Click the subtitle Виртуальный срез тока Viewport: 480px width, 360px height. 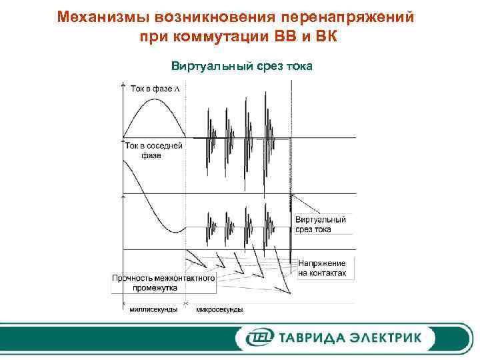coord(242,67)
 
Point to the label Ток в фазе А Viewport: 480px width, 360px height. coord(156,88)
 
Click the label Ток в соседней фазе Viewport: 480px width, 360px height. coord(154,150)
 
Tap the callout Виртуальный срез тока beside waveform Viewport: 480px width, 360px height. coord(321,224)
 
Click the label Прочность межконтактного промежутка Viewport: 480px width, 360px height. coord(163,283)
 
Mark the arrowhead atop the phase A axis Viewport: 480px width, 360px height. coord(123,85)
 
